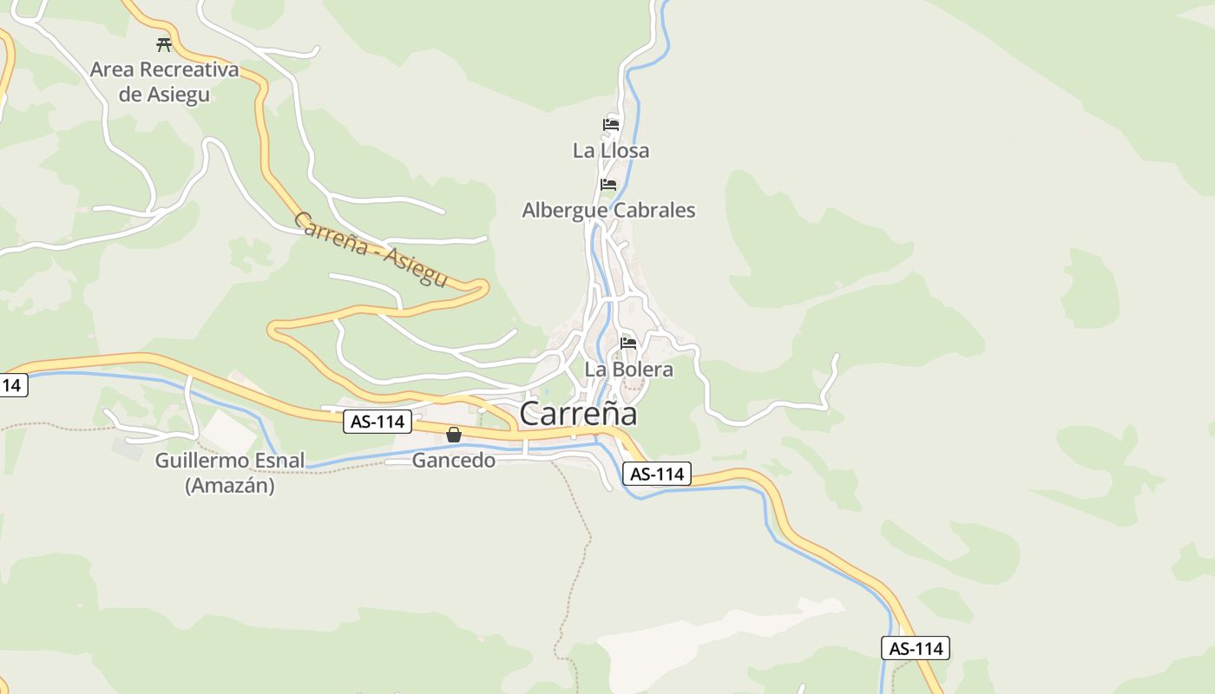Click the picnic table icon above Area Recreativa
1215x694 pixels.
164,44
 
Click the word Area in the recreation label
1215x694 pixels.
111,69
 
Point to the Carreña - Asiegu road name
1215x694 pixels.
371,249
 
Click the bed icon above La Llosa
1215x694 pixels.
611,125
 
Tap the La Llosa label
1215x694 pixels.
611,151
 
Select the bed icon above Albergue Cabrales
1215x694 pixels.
608,185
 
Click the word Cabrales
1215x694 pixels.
654,210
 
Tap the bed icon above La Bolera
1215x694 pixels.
628,344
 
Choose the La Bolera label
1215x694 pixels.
628,370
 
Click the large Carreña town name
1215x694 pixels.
578,414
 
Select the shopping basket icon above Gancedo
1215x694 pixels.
454,435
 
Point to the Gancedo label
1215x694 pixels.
454,461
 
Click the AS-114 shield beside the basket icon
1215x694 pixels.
378,422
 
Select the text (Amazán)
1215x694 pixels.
230,486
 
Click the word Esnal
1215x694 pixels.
279,461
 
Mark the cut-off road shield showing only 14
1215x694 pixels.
12,384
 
